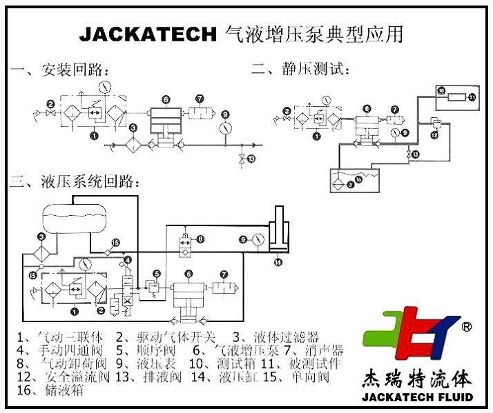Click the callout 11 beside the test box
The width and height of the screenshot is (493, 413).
point(473,97)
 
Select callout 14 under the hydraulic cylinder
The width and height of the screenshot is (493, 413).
point(278,262)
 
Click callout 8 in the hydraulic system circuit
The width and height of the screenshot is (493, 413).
point(201,239)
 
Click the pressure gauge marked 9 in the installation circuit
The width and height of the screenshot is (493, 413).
point(225,129)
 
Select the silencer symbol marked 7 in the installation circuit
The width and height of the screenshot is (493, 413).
point(204,114)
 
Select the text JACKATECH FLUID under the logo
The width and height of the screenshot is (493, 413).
point(416,397)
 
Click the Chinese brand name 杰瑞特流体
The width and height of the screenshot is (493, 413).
point(416,379)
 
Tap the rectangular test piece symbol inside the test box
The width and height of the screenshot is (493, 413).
point(456,97)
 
